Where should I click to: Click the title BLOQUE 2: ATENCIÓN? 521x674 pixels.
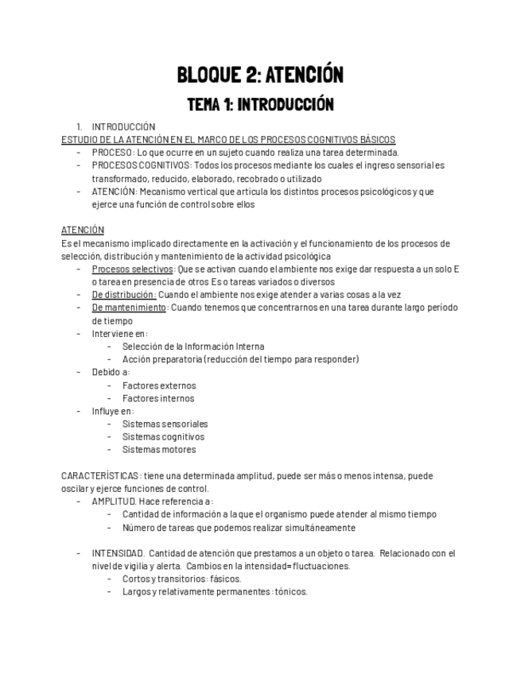pos(260,76)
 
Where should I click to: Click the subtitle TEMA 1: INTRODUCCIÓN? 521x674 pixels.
pos(260,104)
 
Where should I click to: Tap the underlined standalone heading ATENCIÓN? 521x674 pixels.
pos(83,230)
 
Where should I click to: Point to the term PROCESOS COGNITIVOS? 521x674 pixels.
pos(141,165)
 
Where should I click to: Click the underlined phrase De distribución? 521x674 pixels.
pos(123,295)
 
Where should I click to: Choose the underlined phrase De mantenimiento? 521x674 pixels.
pos(129,308)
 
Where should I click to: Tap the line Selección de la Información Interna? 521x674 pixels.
pos(193,347)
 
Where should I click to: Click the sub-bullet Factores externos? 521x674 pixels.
pos(158,385)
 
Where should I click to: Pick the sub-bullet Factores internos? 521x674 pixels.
pos(157,398)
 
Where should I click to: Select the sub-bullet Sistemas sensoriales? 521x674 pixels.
pos(165,424)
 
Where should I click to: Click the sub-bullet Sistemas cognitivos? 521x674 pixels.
pos(163,437)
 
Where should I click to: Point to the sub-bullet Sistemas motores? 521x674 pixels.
pos(158,450)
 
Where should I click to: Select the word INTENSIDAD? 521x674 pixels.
pos(118,553)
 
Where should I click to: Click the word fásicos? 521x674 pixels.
pos(224,579)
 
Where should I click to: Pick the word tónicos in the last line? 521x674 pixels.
pos(291,592)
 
